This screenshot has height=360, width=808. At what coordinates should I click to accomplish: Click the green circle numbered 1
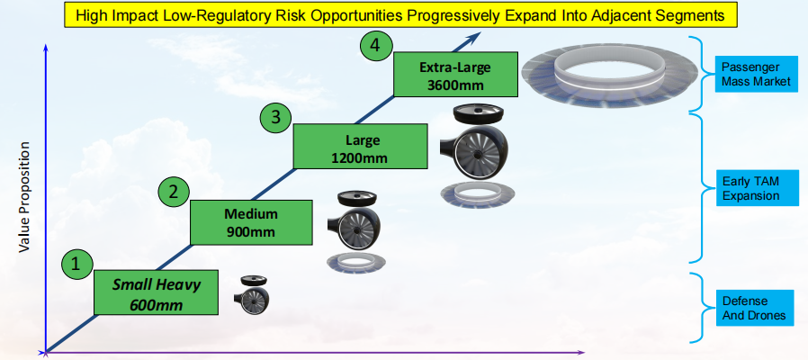coord(76,264)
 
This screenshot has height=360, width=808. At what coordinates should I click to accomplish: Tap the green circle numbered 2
coord(174,191)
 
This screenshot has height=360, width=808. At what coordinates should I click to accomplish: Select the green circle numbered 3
coord(275,116)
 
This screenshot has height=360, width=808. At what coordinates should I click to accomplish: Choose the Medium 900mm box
coord(251,222)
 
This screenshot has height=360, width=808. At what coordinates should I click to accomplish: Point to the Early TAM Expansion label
coord(755,188)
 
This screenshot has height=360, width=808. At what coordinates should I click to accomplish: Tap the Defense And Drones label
coord(755,308)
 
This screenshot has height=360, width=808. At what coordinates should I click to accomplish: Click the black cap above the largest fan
coord(477,112)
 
